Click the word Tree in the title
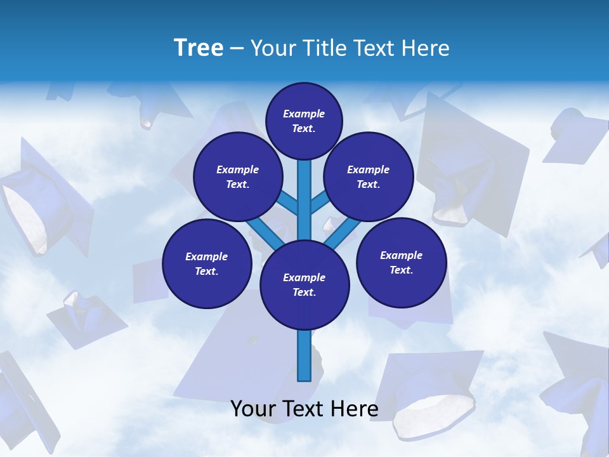click(199, 48)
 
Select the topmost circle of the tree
click(304, 121)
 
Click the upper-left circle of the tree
click(238, 176)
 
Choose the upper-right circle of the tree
click(369, 176)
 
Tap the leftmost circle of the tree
click(207, 263)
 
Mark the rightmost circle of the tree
click(401, 262)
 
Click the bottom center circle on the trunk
click(304, 285)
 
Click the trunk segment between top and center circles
click(304, 200)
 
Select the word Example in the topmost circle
click(304, 114)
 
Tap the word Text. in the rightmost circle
click(401, 270)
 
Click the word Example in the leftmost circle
click(207, 256)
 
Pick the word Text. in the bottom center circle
click(304, 293)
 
